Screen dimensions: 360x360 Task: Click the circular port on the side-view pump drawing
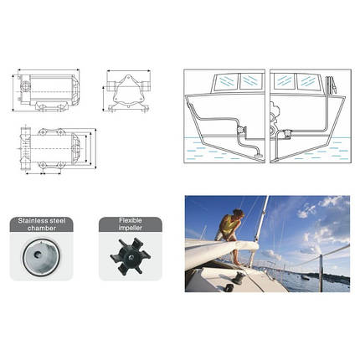(x=27, y=85)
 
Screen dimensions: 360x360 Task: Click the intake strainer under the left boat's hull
(x=254, y=156)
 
